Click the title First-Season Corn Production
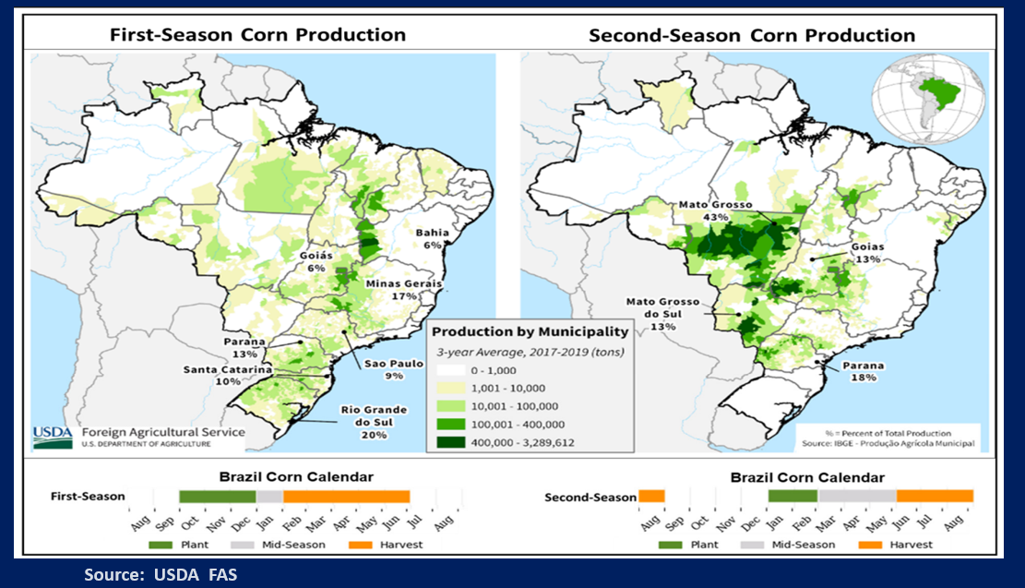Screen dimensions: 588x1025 tap(257, 35)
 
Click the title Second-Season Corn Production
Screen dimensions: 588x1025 tap(751, 35)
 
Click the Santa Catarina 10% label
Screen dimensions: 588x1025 tap(228, 375)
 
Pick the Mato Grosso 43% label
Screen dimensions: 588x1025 tap(716, 210)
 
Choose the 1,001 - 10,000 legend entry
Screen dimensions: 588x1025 tap(496, 388)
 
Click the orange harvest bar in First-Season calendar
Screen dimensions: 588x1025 tap(346, 497)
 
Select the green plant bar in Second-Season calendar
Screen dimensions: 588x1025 tap(792, 496)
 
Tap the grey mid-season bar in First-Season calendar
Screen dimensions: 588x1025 tap(269, 497)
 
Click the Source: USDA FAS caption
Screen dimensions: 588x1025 tap(161, 574)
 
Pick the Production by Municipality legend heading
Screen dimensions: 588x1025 tap(530, 331)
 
